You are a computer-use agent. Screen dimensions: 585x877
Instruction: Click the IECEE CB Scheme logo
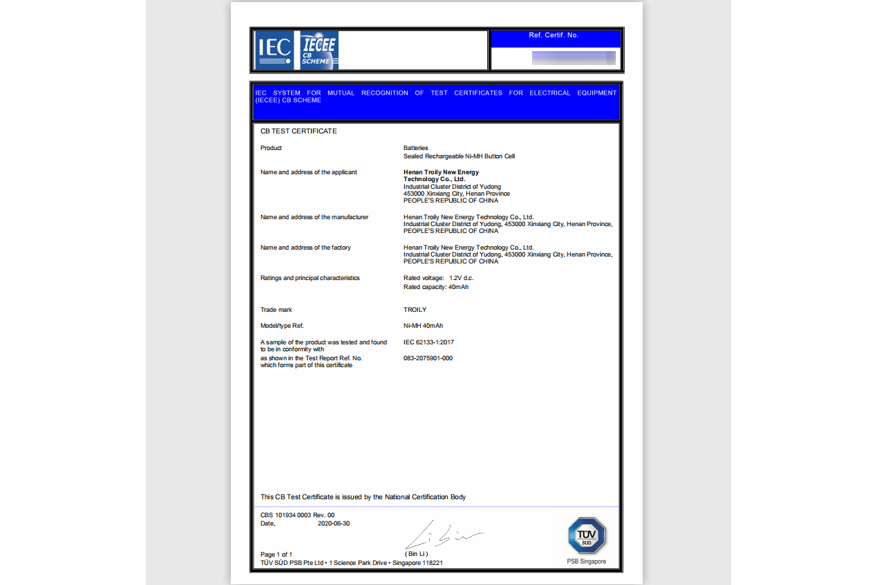coord(319,50)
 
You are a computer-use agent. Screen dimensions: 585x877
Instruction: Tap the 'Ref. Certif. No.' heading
coord(553,35)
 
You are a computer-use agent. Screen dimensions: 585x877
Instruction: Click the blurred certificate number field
coord(574,58)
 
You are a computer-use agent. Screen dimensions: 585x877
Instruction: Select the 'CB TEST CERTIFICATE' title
coord(299,131)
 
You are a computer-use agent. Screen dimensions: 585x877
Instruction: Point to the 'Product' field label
coord(271,148)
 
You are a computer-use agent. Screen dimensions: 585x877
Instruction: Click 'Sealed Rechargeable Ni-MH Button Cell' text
coord(459,156)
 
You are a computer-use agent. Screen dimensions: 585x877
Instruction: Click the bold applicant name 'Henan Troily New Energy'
coord(441,172)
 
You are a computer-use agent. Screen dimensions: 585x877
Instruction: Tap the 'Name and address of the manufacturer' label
coord(314,217)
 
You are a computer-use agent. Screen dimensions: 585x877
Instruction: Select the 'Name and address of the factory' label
coord(305,248)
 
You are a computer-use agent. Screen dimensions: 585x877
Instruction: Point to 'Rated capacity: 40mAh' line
coord(436,287)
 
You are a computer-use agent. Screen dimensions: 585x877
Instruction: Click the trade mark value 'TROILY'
coord(415,310)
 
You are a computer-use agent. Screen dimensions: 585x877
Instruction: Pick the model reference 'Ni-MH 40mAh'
coord(423,326)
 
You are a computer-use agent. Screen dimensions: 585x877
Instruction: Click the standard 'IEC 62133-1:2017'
coord(428,342)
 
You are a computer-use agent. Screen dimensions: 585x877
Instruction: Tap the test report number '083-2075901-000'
coord(428,358)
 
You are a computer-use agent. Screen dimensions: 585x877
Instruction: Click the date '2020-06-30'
coord(334,523)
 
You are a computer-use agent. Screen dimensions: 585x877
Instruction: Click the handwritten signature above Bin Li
coord(442,535)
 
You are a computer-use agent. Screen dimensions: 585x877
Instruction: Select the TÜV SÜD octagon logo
coord(587,536)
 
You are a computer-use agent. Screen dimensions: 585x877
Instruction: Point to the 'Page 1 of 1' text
coord(276,555)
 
